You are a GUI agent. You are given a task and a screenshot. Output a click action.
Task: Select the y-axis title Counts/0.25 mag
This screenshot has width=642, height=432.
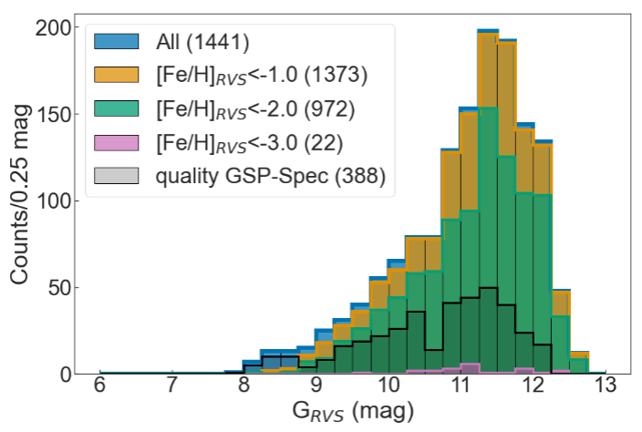pos(22,201)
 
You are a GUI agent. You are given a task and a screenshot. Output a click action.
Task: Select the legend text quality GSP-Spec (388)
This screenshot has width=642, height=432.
pos(269,178)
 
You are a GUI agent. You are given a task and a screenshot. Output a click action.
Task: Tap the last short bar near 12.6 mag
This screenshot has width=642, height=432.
pos(579,363)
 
